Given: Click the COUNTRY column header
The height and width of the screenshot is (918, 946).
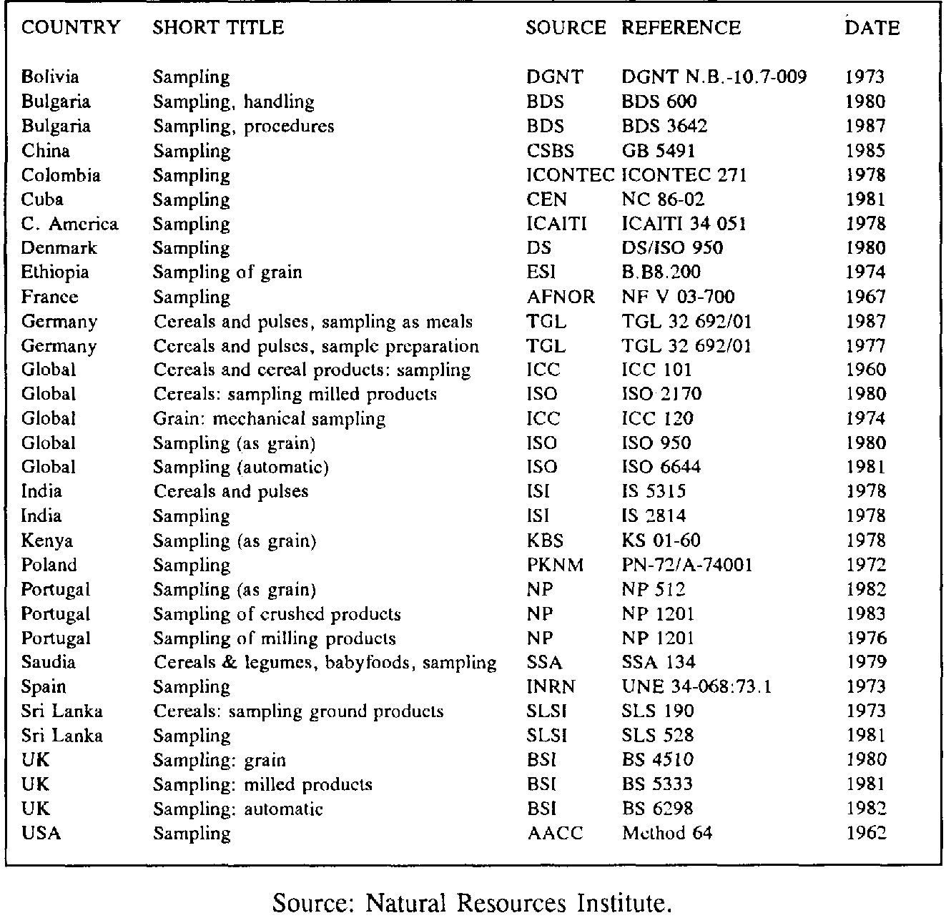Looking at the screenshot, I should (71, 28).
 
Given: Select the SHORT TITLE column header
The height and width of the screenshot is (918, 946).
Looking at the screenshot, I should (218, 28).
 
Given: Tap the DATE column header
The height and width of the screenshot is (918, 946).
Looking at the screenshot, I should (872, 28).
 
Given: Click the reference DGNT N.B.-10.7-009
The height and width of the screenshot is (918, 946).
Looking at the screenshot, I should (714, 77).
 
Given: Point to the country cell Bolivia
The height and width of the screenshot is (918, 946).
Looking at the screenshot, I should (50, 77).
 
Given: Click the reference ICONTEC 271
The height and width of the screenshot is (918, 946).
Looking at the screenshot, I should (684, 175).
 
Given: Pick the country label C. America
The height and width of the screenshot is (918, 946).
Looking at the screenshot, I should (69, 224).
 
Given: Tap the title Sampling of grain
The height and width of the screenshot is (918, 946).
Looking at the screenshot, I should (227, 272).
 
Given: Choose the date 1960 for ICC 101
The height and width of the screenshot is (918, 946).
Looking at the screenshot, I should (865, 370).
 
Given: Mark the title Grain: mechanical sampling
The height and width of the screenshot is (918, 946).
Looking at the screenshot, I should (269, 418).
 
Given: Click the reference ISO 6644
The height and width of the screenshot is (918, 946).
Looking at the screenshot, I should (661, 467).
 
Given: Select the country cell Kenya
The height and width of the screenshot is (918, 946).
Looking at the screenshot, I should (47, 541).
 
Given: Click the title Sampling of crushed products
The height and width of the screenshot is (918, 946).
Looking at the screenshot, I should (277, 613).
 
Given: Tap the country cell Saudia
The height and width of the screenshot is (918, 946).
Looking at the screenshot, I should (49, 662).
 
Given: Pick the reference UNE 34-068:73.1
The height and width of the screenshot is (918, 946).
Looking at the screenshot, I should (696, 687).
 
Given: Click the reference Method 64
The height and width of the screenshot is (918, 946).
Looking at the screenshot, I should (667, 833).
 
